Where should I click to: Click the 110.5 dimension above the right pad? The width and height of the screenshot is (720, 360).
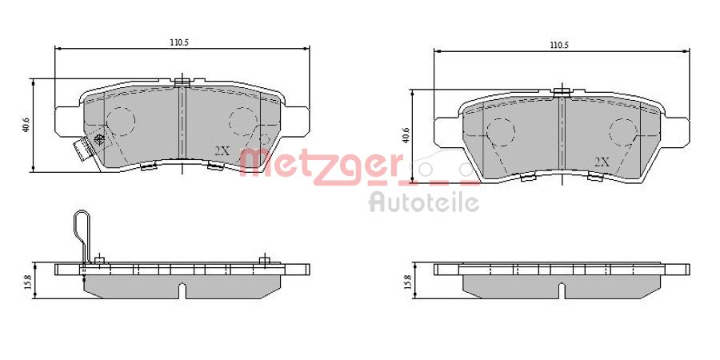[559, 46]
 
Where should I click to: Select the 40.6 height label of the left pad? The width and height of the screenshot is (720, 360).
[26, 125]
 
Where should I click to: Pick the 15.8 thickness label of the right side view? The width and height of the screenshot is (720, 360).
[407, 282]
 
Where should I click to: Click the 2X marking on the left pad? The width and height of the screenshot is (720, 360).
[222, 150]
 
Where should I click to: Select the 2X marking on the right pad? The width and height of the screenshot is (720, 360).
[602, 162]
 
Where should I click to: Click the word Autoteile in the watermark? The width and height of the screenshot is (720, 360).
[424, 202]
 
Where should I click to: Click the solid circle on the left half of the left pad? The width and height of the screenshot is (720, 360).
[121, 121]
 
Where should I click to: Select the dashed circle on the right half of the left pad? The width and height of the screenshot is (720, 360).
[242, 122]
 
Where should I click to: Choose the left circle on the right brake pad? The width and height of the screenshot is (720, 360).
[501, 131]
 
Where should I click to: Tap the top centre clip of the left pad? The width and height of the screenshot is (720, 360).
[182, 81]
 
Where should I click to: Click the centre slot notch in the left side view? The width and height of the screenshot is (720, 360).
[182, 290]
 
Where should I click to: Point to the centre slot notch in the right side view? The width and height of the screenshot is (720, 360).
[562, 290]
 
